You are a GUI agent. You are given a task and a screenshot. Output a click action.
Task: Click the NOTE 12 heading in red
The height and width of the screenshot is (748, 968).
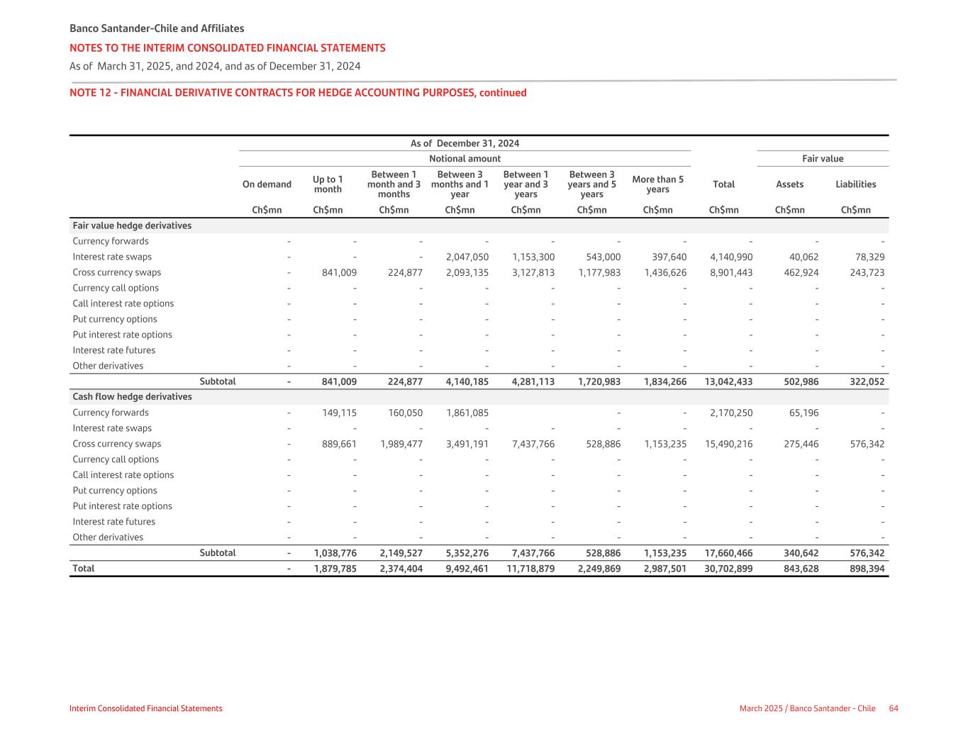[x=298, y=93]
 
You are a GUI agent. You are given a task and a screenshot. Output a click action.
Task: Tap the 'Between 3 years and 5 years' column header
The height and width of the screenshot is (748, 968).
[x=591, y=184]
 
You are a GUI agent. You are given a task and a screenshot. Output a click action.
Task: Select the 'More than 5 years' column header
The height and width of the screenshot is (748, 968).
[x=657, y=184]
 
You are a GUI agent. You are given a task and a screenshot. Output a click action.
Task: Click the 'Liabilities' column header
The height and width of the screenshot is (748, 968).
[x=855, y=184]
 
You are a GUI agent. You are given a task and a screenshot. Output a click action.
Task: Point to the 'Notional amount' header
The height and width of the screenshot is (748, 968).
[x=464, y=159]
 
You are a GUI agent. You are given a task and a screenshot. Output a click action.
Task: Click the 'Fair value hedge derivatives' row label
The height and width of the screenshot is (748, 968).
[x=132, y=225]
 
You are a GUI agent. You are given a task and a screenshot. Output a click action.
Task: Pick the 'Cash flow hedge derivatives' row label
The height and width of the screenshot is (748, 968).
[x=132, y=397]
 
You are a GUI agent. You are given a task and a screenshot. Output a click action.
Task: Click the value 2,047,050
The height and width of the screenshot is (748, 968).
[x=467, y=257]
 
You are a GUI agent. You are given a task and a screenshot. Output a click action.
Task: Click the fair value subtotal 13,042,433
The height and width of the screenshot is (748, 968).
[x=728, y=381]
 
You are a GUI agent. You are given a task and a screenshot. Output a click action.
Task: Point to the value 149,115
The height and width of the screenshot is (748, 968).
[x=339, y=413]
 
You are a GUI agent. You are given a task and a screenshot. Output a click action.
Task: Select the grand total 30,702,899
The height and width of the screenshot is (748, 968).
[x=728, y=569]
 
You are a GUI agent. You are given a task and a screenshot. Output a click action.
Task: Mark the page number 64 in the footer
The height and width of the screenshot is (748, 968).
[x=894, y=708]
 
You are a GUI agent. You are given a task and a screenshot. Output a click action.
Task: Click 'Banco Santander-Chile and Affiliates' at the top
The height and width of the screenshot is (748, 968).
[x=157, y=28]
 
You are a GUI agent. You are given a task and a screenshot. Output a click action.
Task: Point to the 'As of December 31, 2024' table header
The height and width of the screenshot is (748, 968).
[x=464, y=143]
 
